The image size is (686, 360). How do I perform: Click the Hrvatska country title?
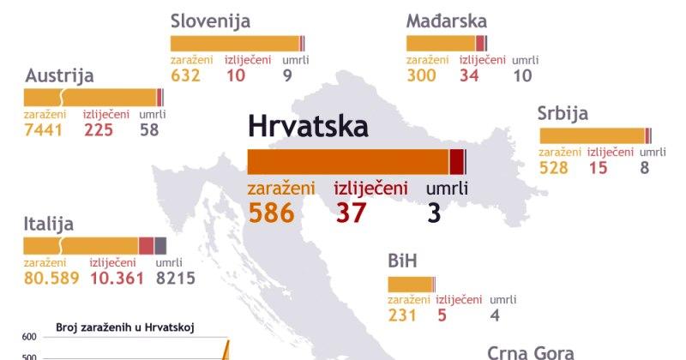click(308, 127)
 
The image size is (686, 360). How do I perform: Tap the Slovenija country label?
click(210, 21)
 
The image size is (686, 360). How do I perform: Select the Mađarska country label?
click(447, 21)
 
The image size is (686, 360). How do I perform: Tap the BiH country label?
click(402, 261)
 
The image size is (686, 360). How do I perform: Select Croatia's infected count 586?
click(271, 212)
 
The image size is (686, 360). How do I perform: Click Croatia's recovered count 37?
click(351, 212)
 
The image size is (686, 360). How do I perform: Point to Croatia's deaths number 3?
click(435, 212)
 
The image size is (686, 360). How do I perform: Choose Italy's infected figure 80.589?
click(52, 278)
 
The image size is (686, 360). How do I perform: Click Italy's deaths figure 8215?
click(176, 278)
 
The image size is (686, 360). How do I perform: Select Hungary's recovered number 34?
click(469, 75)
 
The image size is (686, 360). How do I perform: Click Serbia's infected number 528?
click(554, 167)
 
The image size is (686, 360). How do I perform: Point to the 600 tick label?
click(29, 336)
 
